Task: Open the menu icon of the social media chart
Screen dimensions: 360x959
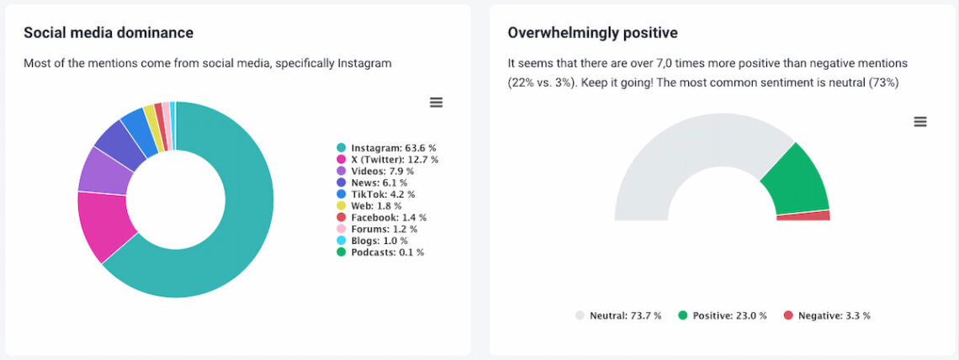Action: pos(436,103)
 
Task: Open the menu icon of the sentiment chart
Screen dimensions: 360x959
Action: pos(920,122)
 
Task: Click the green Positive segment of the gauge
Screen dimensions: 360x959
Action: pos(795,181)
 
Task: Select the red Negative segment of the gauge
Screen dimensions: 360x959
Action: pos(803,216)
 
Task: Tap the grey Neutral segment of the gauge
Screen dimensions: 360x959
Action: pos(673,160)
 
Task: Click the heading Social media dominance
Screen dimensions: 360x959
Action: pos(109,33)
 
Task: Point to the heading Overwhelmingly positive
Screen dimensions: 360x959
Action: pos(592,33)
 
